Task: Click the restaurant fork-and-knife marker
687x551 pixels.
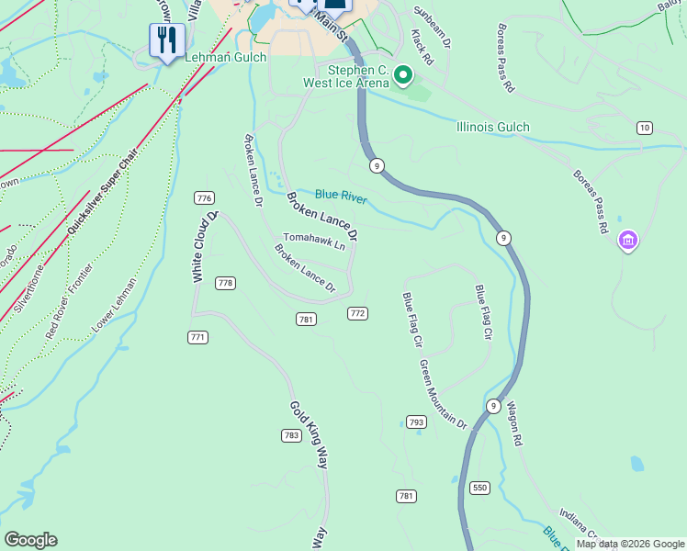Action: [x=166, y=39]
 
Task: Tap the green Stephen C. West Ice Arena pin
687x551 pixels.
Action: [x=402, y=73]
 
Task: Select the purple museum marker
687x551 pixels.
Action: [x=628, y=241]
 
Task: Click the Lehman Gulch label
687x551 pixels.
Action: [x=225, y=57]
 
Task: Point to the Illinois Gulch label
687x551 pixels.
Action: [x=492, y=128]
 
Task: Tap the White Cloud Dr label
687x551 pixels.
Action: [x=205, y=246]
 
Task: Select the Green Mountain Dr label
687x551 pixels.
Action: [x=444, y=394]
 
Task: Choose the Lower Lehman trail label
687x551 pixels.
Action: [x=114, y=305]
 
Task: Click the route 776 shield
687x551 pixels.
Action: [x=204, y=198]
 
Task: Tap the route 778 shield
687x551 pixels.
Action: [x=225, y=283]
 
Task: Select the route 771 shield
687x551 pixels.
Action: [x=197, y=337]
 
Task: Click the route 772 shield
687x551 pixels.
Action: [x=357, y=313]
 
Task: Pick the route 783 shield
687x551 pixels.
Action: [x=291, y=435]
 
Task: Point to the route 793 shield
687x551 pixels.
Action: [x=416, y=422]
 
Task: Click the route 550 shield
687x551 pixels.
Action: [x=479, y=487]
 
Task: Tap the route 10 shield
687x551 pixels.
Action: [x=645, y=128]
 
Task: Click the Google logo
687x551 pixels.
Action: [x=30, y=540]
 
